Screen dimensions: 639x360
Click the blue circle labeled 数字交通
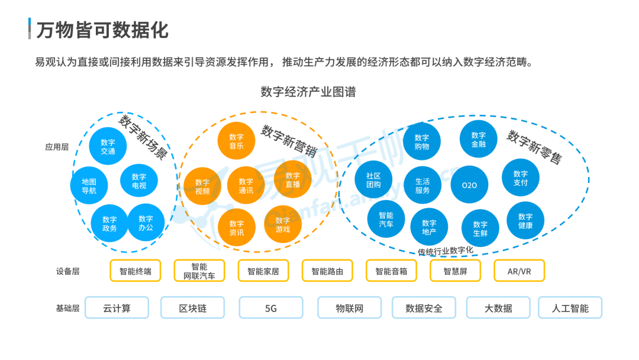tap(108, 147)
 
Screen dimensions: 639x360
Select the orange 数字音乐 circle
tap(236, 141)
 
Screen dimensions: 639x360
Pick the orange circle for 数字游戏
tap(283, 224)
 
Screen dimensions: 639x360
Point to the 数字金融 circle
tap(478, 139)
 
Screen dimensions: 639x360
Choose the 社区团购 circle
tap(373, 180)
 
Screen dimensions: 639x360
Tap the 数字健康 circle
tap(525, 221)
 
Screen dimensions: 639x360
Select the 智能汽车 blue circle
tap(386, 220)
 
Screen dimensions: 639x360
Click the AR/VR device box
tap(519, 271)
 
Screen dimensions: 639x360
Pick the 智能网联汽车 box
tap(199, 271)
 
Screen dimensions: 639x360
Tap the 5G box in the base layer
tap(270, 308)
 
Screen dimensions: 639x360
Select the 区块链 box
tap(193, 308)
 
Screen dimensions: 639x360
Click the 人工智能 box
tap(570, 308)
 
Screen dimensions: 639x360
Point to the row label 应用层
tap(57, 147)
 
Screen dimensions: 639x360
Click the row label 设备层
tap(67, 271)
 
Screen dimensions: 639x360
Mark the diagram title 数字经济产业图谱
tap(308, 92)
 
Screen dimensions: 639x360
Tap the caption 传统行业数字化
tap(446, 250)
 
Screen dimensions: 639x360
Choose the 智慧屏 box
tap(456, 271)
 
